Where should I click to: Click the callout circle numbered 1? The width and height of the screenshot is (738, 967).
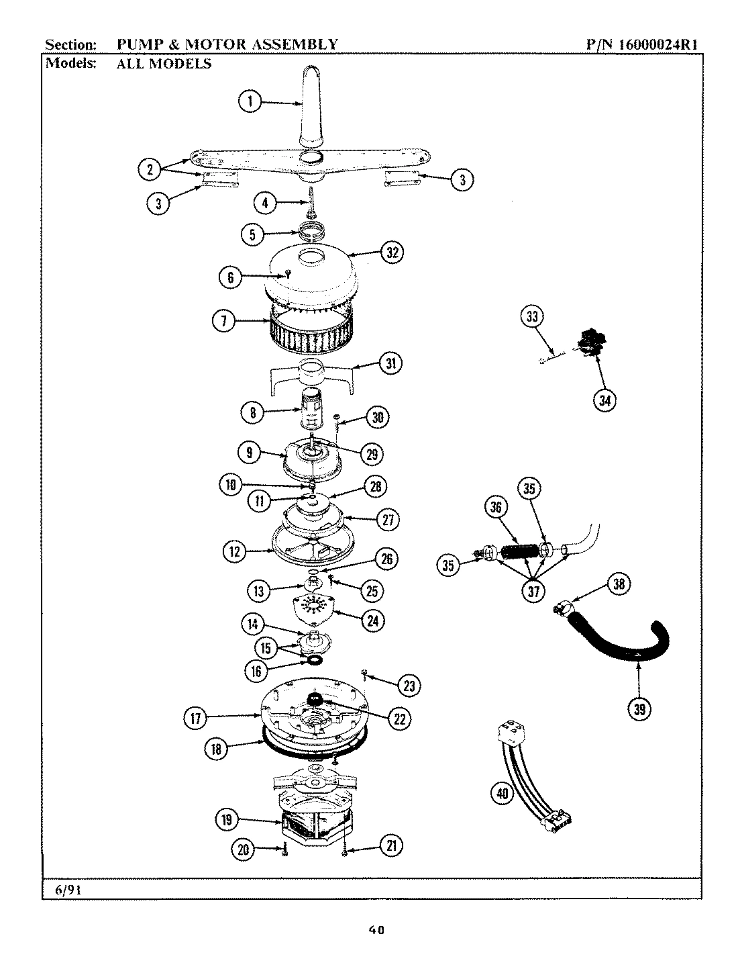(250, 102)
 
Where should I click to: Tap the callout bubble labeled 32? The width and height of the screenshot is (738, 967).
(392, 252)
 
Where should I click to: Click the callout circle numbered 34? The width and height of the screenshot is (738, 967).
(606, 401)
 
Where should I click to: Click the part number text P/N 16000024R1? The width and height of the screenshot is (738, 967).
(643, 45)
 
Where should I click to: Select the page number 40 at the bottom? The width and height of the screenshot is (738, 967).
(376, 930)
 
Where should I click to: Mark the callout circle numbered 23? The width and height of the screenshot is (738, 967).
(409, 685)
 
